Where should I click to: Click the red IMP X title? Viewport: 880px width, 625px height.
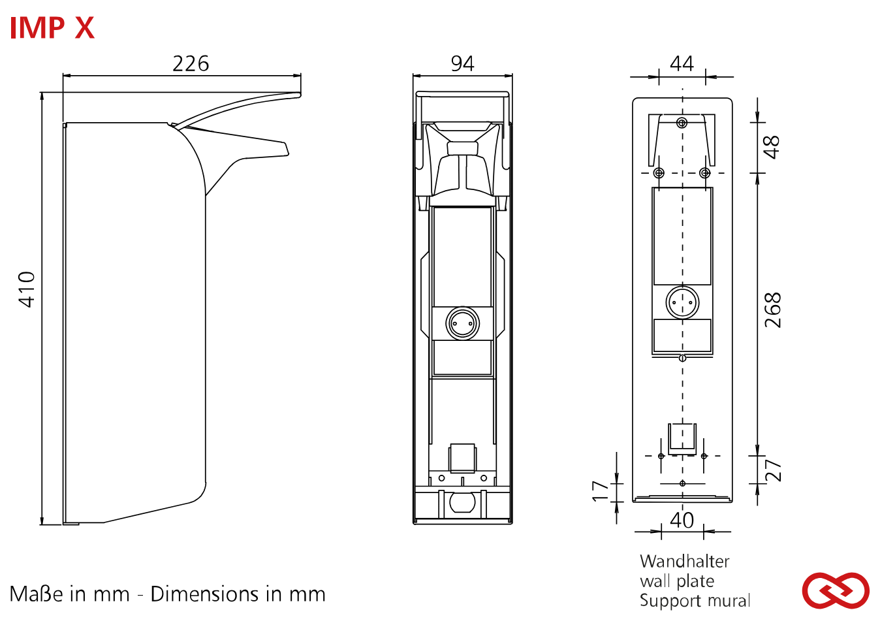[52, 27]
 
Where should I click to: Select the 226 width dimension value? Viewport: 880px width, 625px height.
[191, 64]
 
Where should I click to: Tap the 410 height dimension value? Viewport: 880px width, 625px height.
[27, 289]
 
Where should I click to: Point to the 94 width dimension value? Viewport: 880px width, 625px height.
[462, 64]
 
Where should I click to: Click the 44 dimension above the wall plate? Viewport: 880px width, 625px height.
[682, 64]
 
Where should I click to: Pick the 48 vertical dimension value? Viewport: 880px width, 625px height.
[772, 147]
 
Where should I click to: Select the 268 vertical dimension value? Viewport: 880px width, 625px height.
[772, 310]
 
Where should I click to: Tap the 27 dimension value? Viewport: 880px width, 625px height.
[772, 470]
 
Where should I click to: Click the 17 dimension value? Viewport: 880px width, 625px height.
[600, 491]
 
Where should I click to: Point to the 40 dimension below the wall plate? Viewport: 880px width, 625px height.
[682, 520]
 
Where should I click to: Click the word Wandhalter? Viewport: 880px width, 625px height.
[684, 561]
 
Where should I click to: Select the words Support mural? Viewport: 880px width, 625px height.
[695, 601]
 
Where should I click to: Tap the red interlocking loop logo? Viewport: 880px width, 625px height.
[836, 590]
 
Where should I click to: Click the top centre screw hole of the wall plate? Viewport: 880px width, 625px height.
[682, 123]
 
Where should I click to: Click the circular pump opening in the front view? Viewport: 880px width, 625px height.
[462, 323]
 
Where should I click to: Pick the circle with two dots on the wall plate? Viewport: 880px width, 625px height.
[682, 302]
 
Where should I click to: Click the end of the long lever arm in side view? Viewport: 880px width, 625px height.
[300, 94]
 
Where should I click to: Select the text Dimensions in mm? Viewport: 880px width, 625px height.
[238, 594]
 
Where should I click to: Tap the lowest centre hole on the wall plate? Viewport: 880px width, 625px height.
[682, 483]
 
